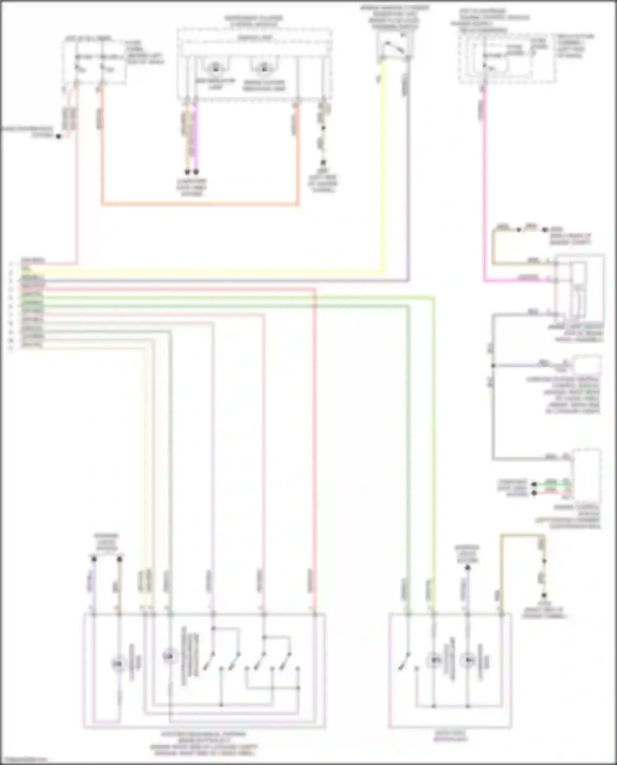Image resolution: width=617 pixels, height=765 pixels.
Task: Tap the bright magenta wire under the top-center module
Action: (x=196, y=136)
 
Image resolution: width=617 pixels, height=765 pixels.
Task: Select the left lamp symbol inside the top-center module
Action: (x=215, y=67)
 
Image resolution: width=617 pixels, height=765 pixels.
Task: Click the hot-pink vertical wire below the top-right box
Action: (x=484, y=185)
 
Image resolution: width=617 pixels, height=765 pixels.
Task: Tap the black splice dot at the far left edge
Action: (x=58, y=136)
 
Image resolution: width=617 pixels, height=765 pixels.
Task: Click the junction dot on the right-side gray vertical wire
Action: (x=493, y=365)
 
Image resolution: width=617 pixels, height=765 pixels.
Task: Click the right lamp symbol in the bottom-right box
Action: (x=468, y=660)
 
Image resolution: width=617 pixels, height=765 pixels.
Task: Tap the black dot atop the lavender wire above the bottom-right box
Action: (x=468, y=568)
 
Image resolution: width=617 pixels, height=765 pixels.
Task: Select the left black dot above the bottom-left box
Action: (x=94, y=559)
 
